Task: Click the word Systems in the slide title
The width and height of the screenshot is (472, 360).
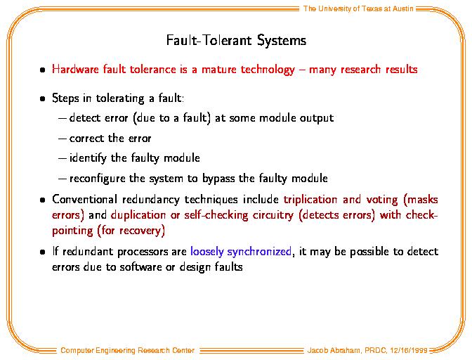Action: pos(282,40)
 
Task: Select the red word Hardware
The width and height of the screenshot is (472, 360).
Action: pos(75,70)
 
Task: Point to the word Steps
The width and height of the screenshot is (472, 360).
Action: pos(65,98)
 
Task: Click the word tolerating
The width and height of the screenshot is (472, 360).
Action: pos(120,98)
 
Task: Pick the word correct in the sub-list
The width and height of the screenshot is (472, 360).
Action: pos(86,139)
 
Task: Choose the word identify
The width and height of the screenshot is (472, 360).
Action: pos(88,158)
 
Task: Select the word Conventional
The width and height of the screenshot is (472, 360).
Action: pos(84,199)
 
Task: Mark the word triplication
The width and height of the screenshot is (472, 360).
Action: pos(310,200)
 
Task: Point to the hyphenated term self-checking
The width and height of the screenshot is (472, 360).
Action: pos(216,215)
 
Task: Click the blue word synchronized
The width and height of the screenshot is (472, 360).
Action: pos(259,252)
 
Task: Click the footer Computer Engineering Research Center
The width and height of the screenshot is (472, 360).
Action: pos(127,350)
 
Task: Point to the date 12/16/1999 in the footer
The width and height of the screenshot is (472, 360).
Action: pos(409,350)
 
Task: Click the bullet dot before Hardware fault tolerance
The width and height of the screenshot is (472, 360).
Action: pos(42,70)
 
